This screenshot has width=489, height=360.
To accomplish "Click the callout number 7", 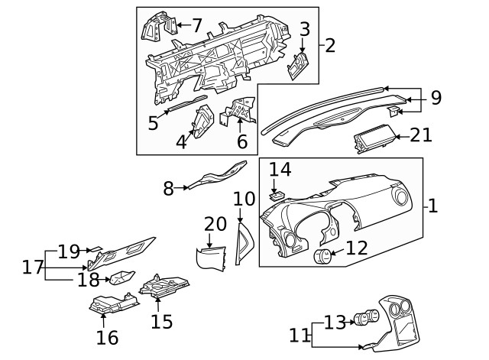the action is (x=197, y=25).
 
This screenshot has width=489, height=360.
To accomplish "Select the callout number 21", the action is (x=421, y=135).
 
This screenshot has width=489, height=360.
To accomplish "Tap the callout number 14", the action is (x=280, y=170).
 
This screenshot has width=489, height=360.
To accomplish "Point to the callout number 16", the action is (x=107, y=338).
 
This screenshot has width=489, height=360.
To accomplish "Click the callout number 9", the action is (x=436, y=97).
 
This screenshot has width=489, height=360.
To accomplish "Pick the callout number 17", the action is (x=32, y=267).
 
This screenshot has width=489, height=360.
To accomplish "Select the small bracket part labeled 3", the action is (x=298, y=66).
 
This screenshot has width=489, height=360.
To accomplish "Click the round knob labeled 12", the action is (x=322, y=256).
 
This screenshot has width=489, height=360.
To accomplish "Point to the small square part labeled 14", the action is (x=277, y=196).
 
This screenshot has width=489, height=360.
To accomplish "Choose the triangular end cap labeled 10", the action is (x=244, y=244).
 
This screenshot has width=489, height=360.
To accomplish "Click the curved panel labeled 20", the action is (x=211, y=258).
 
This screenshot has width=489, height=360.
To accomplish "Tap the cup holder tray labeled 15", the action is (x=164, y=286).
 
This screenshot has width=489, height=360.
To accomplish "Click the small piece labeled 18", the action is (x=121, y=277).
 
